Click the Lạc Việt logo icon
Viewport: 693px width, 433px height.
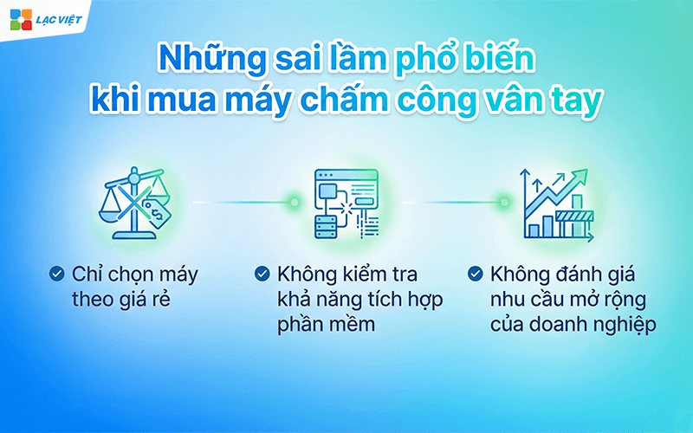pyautogui.click(x=20, y=19)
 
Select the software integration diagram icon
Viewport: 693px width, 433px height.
pyautogui.click(x=346, y=204)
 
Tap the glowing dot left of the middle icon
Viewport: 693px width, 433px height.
pyautogui.click(x=295, y=203)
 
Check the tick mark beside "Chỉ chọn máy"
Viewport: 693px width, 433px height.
pyautogui.click(x=57, y=275)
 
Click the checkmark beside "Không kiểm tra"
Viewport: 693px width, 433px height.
pyautogui.click(x=262, y=275)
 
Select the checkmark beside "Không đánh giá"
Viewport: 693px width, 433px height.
pyautogui.click(x=474, y=275)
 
